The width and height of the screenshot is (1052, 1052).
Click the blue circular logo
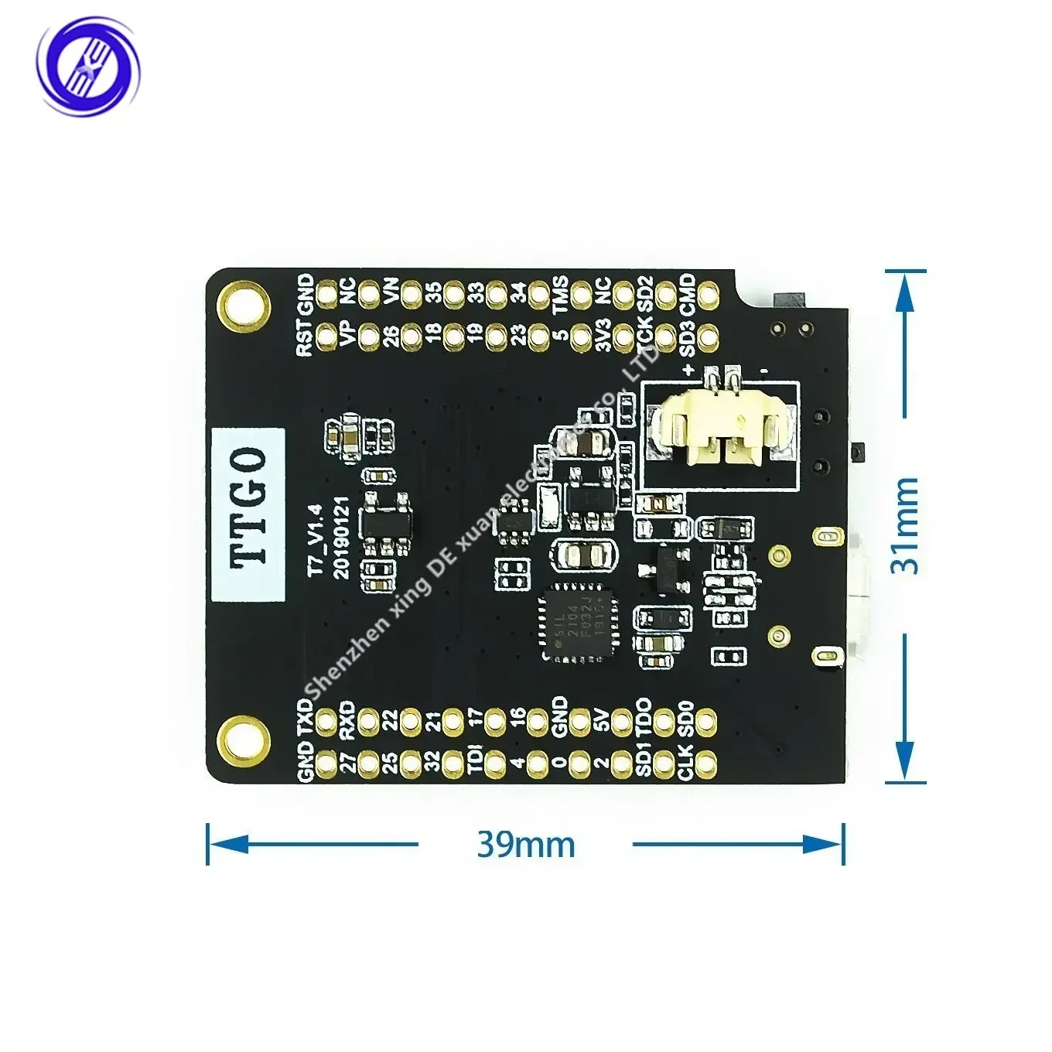pos(89,67)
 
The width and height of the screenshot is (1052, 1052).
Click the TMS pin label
pos(560,295)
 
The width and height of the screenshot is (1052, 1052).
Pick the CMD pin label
pos(687,295)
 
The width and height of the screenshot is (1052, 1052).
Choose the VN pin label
pos(391,294)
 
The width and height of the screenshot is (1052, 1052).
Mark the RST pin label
pos(306,338)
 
